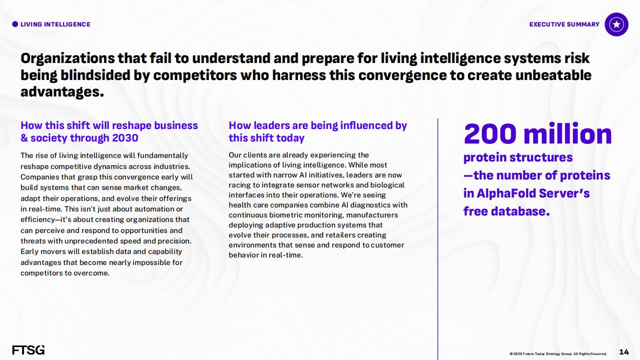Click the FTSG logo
click(29, 350)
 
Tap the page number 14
click(624, 352)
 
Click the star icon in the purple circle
click(616, 24)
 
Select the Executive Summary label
click(564, 24)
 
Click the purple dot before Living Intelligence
click(15, 24)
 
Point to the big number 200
click(490, 134)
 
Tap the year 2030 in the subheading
click(125, 138)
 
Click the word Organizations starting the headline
click(68, 59)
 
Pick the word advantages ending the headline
click(62, 92)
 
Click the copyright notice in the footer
click(558, 353)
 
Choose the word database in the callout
click(520, 211)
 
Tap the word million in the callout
click(568, 134)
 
